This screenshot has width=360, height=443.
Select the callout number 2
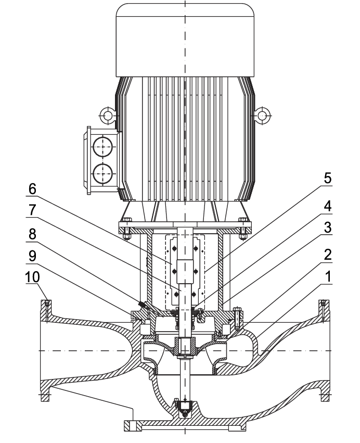[x=328, y=255]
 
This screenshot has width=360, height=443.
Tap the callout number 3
[x=328, y=227]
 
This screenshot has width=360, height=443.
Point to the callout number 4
[x=328, y=207]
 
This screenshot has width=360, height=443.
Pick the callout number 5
[x=328, y=179]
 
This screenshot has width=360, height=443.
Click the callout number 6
[x=32, y=189]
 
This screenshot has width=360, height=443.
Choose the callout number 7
[x=32, y=210]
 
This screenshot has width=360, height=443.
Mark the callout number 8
[x=32, y=234]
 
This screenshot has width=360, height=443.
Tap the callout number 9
[x=32, y=256]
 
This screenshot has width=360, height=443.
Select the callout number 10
[x=33, y=277]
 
